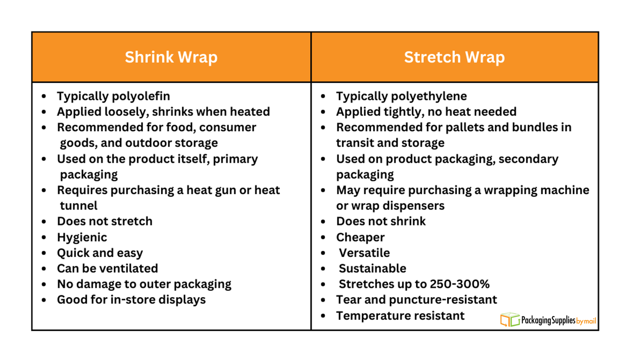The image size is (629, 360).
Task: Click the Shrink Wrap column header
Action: coord(171,57)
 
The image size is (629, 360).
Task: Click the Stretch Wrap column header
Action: coord(454,57)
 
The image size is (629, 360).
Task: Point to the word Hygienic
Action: coord(82,237)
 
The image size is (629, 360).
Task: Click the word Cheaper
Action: coord(360,237)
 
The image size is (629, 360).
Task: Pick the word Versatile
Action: coord(364,253)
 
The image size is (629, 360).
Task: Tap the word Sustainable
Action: coord(372,268)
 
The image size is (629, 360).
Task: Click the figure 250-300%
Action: coord(459,284)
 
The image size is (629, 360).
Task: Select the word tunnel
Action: coord(79,206)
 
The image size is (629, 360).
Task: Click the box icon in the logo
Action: coord(510,320)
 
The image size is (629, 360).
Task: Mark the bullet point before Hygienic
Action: coord(44,237)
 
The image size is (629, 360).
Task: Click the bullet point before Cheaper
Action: coord(323,237)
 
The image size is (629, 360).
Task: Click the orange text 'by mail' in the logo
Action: coord(586,321)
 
